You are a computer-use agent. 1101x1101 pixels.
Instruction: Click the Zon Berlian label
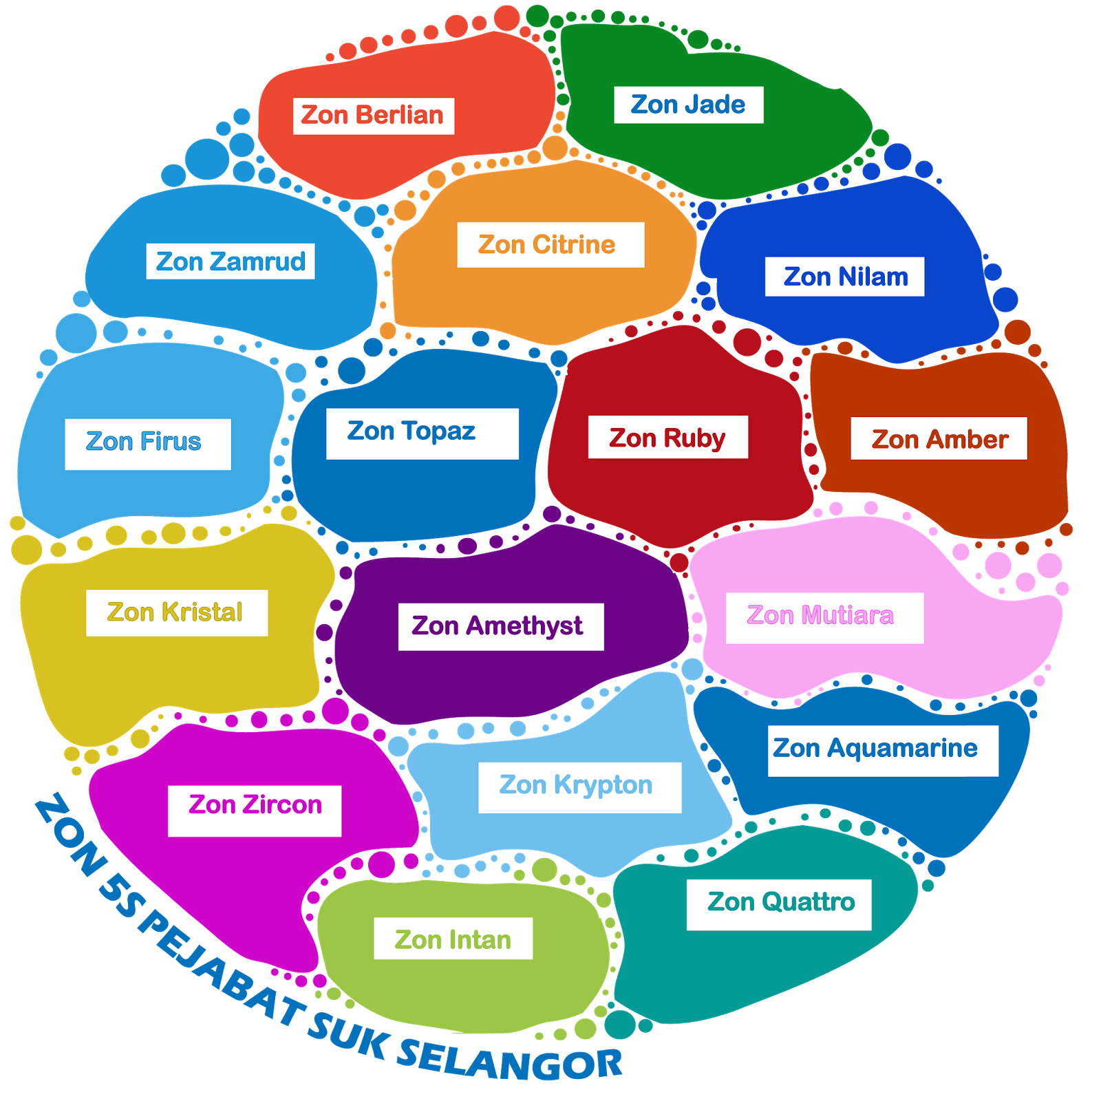click(373, 116)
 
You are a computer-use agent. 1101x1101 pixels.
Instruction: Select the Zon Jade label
click(688, 105)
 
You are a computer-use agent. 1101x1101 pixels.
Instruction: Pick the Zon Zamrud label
click(231, 261)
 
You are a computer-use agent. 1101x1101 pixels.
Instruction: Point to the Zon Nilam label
click(845, 277)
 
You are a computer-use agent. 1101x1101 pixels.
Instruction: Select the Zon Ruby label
click(667, 438)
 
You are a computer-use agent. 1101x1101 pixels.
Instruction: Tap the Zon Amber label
click(939, 439)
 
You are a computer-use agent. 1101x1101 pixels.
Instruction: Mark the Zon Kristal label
click(176, 612)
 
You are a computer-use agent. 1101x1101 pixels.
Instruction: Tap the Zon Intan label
click(453, 939)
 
